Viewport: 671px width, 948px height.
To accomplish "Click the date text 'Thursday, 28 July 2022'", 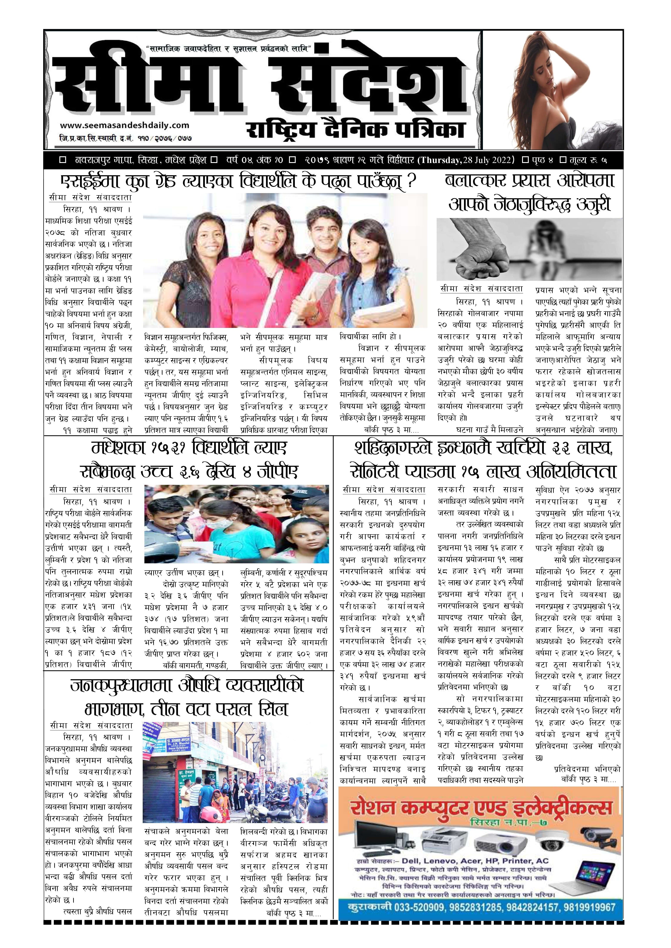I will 467,160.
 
